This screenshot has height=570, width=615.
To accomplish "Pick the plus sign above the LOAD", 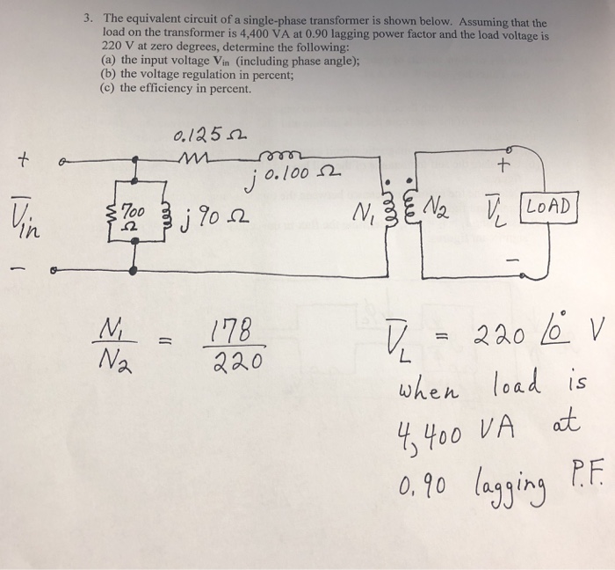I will click(503, 166).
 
